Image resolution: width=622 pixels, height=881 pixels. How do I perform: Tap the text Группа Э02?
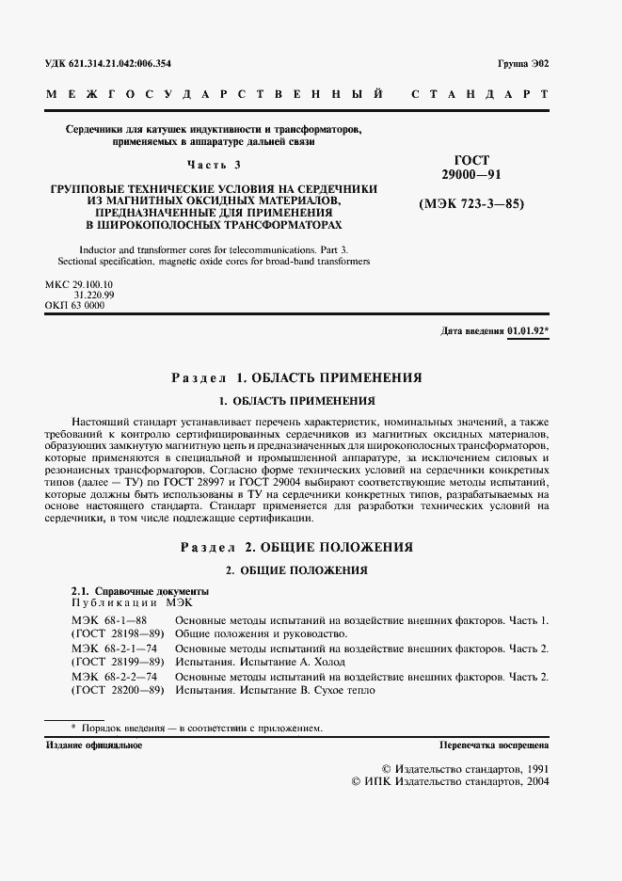coord(522,64)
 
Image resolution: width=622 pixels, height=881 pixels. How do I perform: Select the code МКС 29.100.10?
coord(79,283)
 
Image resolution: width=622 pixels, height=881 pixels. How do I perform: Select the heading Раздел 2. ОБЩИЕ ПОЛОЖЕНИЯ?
coord(295,547)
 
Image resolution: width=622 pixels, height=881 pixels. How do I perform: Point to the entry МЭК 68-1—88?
coord(108,621)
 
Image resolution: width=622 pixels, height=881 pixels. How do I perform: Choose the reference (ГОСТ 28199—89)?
coord(118,662)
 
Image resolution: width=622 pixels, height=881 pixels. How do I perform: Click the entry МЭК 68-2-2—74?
coord(114,677)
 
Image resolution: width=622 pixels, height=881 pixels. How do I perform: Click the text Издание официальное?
coord(94,745)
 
